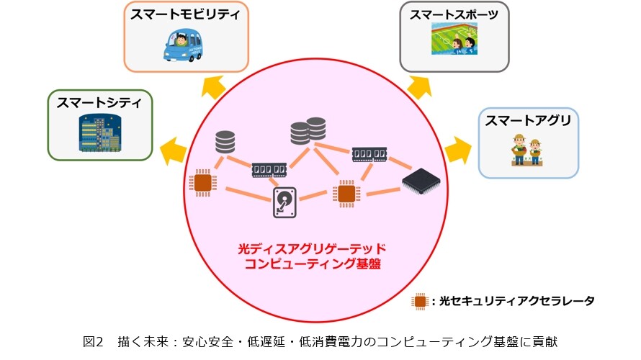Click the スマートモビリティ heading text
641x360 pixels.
pos(186,14)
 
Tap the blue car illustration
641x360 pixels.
pos(183,45)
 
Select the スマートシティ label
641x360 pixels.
pos(99,102)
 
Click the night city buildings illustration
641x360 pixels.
pos(100,133)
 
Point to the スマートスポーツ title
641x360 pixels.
pos(454,14)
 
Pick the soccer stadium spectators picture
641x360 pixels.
pos(454,39)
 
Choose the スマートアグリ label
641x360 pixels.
pos(528,120)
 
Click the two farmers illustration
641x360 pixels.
pos(527,150)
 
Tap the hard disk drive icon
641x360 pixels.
pos(284,202)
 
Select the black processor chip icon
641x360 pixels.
pos(421,181)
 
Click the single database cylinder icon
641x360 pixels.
pos(225,142)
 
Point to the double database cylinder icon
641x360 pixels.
pos(308,131)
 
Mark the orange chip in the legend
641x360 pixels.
pos(420,302)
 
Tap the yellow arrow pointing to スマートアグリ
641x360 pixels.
pos(457,150)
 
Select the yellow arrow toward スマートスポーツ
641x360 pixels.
pos(419,87)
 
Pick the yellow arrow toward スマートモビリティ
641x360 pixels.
pos(213,87)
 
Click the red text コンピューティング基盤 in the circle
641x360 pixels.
pos(313,264)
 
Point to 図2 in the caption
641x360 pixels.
pos(93,341)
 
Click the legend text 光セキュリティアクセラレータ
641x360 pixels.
pos(516,301)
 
